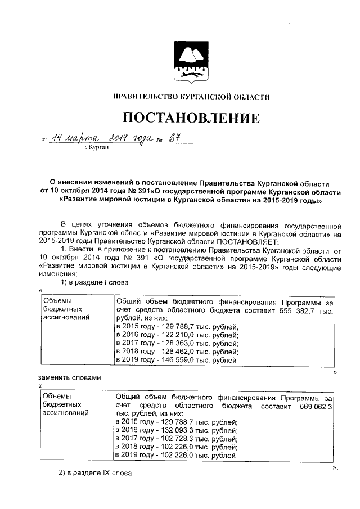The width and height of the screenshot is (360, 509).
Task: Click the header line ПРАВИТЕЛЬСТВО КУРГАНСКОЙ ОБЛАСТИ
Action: [191, 97]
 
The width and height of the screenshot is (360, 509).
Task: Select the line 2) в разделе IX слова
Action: [96, 474]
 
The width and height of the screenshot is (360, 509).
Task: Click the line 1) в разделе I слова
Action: [94, 281]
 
